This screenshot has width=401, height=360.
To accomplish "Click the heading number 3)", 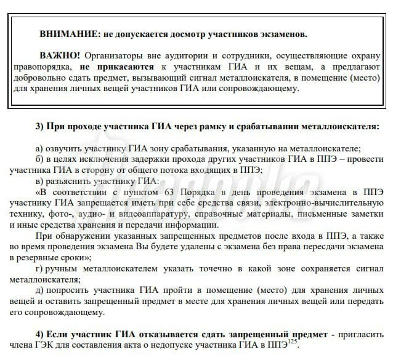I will click(x=41, y=127).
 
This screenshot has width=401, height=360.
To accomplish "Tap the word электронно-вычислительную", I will click(x=330, y=203).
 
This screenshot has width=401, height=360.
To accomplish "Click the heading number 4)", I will click(x=41, y=334).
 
